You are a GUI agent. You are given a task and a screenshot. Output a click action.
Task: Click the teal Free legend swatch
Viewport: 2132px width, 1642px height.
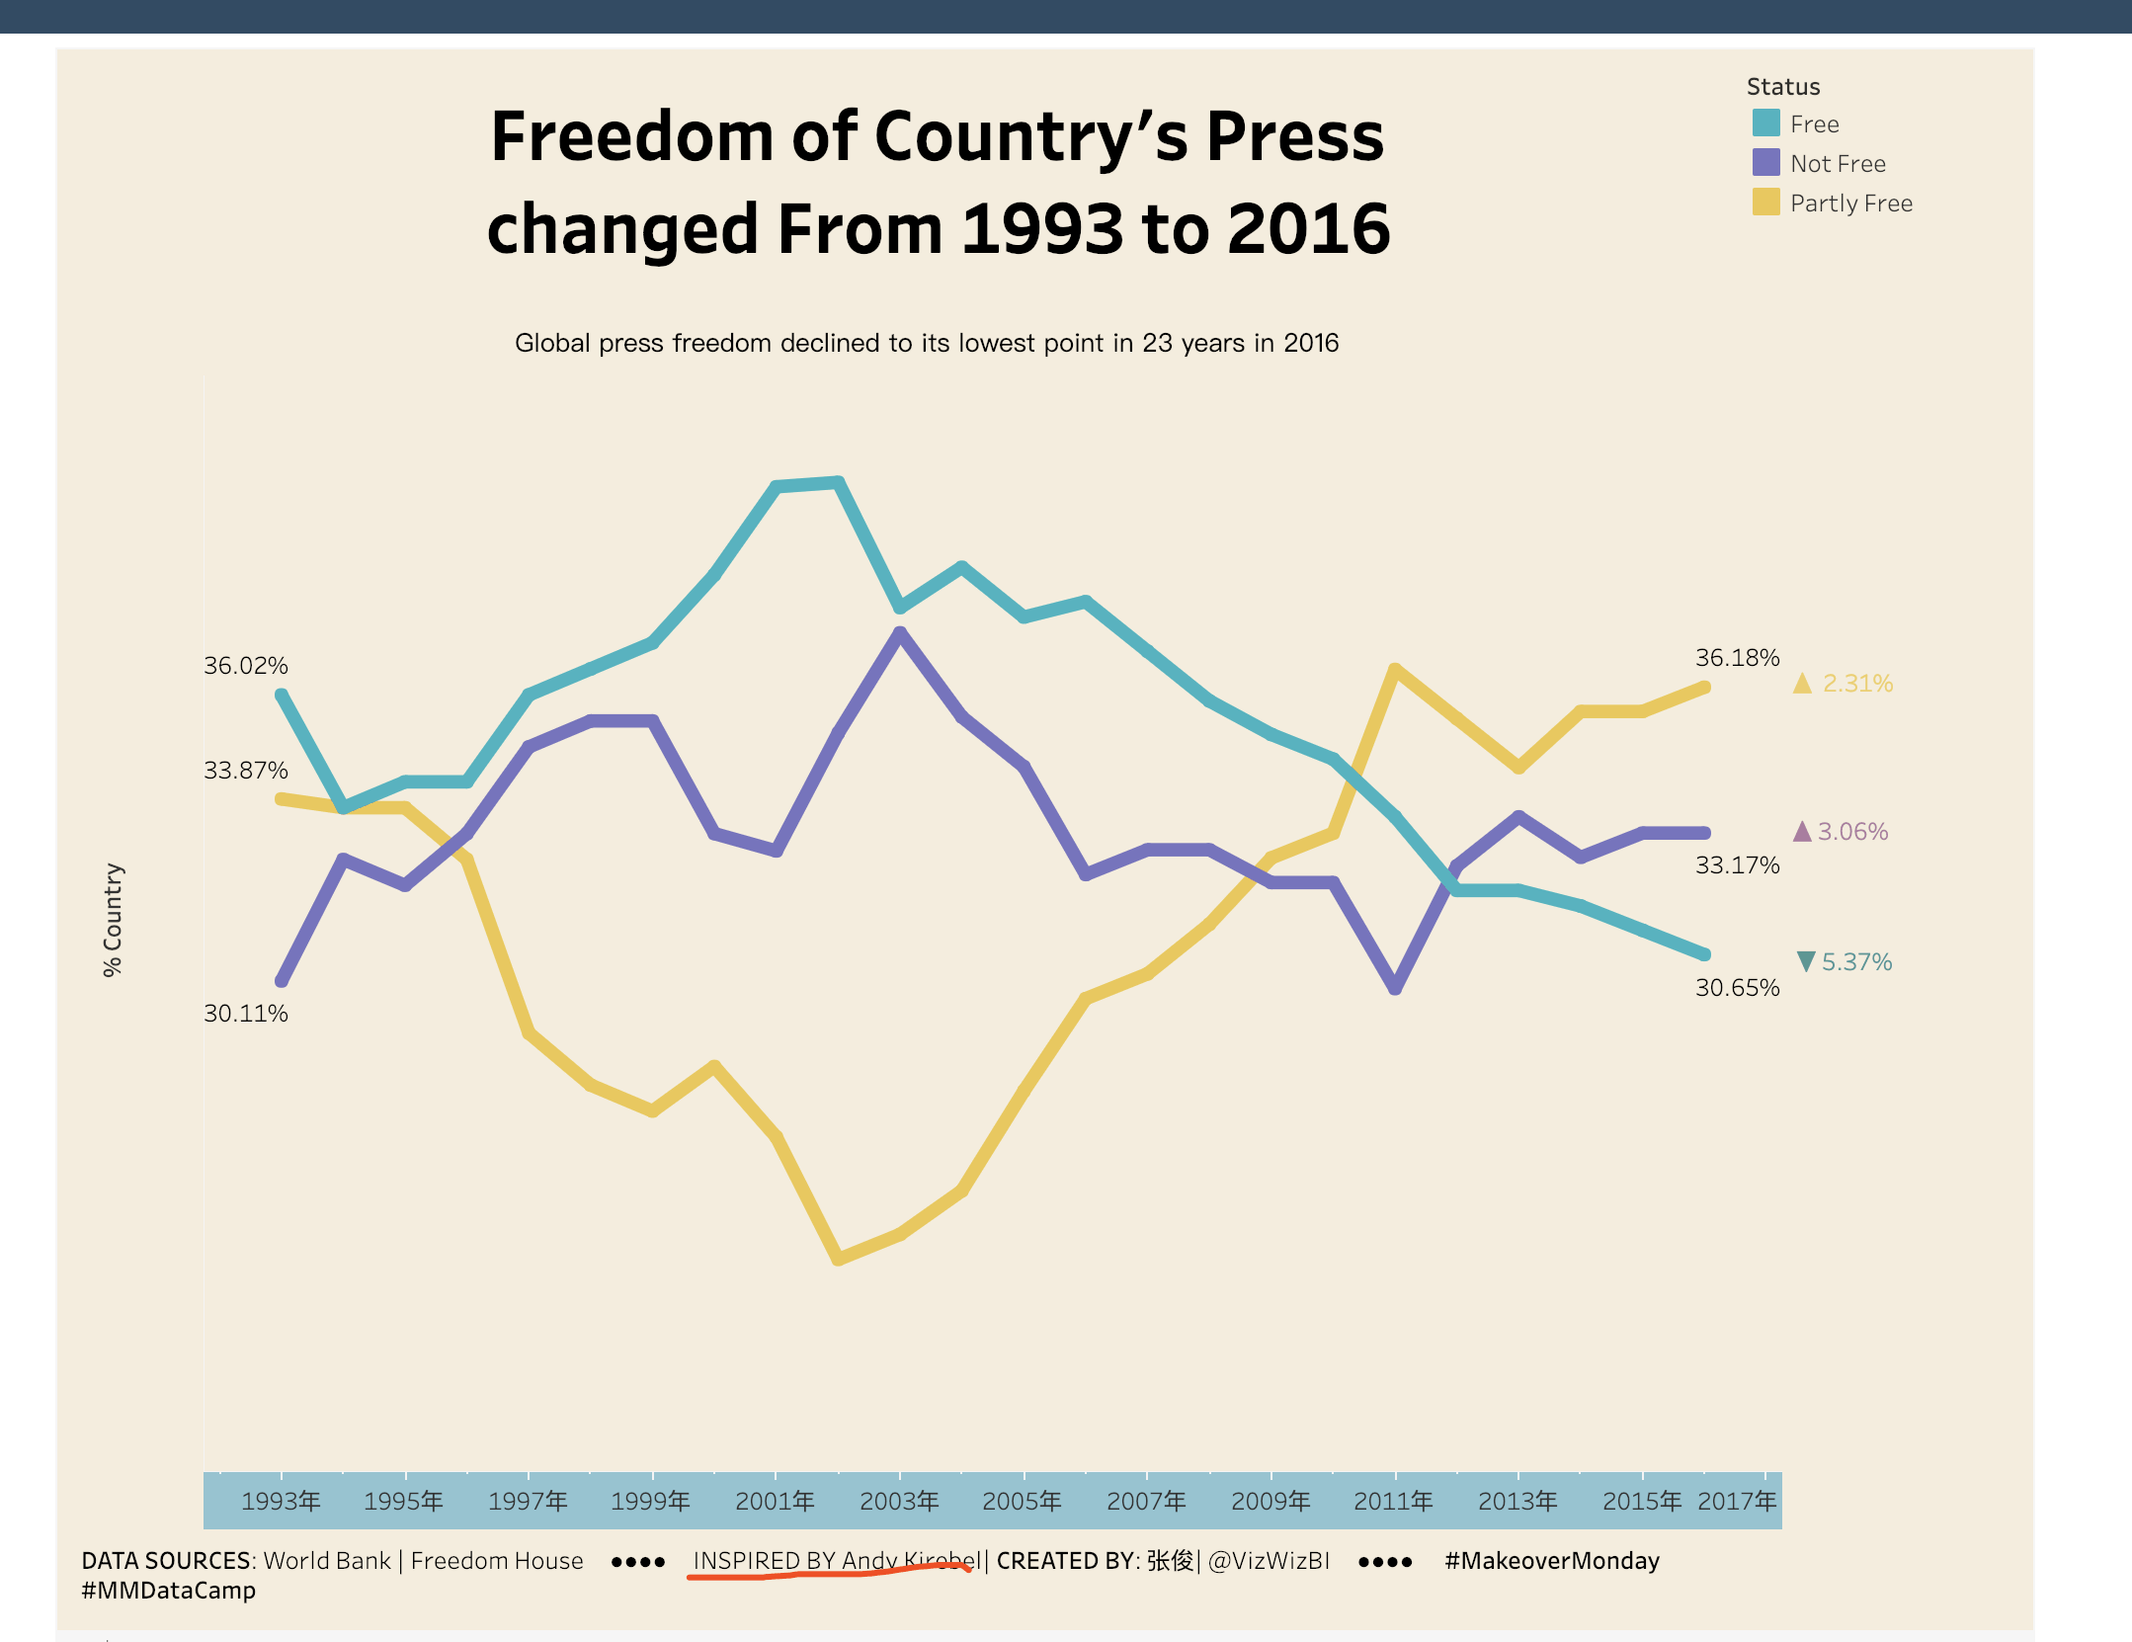1765,123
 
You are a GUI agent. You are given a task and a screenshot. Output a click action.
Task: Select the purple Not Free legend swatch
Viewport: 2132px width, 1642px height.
1765,163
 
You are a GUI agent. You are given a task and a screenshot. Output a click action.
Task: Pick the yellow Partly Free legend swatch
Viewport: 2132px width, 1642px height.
1765,203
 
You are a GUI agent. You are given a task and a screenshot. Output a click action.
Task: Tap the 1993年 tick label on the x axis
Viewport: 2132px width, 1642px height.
281,1501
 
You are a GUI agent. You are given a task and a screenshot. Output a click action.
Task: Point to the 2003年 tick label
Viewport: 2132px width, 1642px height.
899,1501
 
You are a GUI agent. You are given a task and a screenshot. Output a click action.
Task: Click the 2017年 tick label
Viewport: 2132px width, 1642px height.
1737,1501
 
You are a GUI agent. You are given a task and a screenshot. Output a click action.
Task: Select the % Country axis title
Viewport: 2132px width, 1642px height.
114,920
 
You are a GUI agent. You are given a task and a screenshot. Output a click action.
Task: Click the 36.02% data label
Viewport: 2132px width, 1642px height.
246,666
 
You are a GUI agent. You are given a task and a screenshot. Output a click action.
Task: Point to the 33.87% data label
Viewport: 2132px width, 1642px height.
246,771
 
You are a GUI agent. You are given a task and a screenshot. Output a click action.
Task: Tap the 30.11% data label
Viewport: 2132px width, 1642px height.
246,1014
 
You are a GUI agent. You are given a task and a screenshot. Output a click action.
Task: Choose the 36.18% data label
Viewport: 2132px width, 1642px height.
1737,658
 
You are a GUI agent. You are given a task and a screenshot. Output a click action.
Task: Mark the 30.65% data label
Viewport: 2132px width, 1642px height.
1737,988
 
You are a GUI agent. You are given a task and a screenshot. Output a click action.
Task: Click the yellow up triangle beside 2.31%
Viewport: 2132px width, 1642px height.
1802,684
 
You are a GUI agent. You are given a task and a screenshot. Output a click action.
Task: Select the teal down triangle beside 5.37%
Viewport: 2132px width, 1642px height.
1805,961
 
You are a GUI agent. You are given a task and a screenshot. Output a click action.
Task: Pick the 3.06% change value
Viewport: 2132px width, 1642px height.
1852,832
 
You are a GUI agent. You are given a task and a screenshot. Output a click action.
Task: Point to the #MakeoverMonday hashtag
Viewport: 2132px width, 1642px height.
1551,1561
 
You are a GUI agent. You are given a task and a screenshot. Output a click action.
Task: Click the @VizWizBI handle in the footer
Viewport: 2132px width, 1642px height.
1269,1561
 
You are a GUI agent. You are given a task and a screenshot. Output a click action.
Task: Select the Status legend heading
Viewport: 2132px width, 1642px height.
1782,87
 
